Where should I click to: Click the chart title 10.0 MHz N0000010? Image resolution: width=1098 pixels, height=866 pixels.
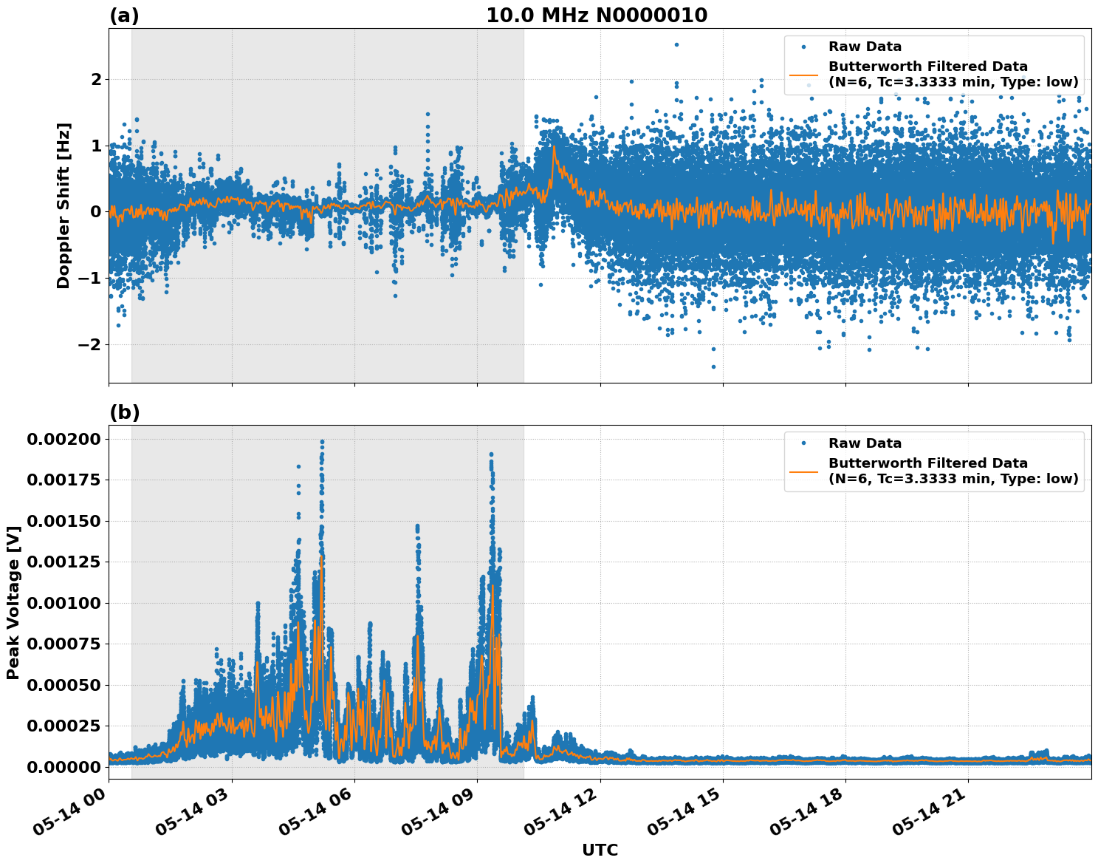click(x=596, y=16)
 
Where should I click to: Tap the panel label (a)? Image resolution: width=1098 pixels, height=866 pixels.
click(x=124, y=16)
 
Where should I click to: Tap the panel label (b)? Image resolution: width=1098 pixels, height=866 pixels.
click(x=124, y=412)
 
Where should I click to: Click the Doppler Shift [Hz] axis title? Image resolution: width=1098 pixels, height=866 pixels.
click(x=64, y=205)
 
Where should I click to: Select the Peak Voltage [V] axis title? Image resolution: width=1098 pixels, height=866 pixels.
click(x=13, y=602)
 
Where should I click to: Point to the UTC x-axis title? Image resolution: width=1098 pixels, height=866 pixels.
click(x=600, y=850)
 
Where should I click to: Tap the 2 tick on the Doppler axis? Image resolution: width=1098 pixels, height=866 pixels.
click(x=95, y=79)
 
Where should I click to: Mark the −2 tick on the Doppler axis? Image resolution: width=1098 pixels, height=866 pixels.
click(x=90, y=345)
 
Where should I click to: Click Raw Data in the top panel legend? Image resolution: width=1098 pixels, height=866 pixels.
click(x=865, y=47)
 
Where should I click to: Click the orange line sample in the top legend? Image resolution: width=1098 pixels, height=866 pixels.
click(x=803, y=75)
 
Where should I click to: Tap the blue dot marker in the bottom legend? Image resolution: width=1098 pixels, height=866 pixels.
click(x=803, y=443)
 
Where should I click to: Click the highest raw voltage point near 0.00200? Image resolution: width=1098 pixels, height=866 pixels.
click(x=322, y=442)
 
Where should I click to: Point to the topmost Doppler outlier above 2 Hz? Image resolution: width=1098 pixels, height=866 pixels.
click(x=676, y=44)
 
